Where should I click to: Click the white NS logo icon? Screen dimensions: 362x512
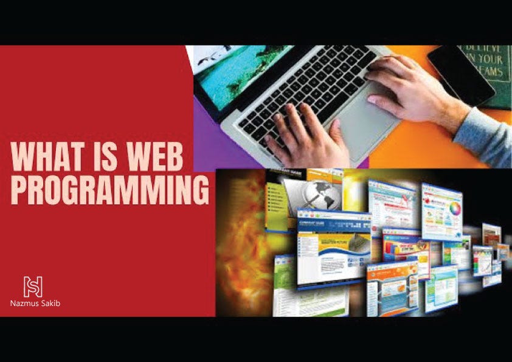tap(33, 286)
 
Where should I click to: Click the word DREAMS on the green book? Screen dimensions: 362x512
tap(489, 72)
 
